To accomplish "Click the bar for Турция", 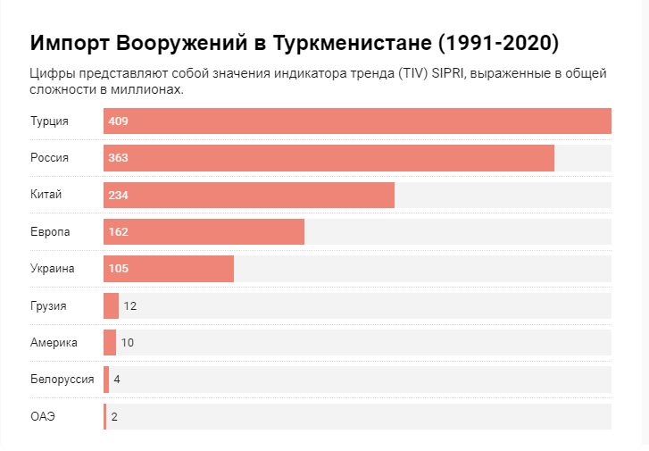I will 357,121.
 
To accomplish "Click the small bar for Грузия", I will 111,305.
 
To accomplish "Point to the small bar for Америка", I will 110,342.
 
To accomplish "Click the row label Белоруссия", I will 62,380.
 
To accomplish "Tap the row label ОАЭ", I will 43,416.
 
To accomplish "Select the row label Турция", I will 49,121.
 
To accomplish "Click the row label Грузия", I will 48,305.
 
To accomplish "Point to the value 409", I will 118,121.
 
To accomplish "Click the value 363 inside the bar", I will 118,158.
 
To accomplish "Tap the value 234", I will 118,195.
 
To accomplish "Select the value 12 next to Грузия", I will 129,305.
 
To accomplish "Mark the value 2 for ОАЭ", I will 114,416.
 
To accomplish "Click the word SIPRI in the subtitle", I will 448,73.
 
